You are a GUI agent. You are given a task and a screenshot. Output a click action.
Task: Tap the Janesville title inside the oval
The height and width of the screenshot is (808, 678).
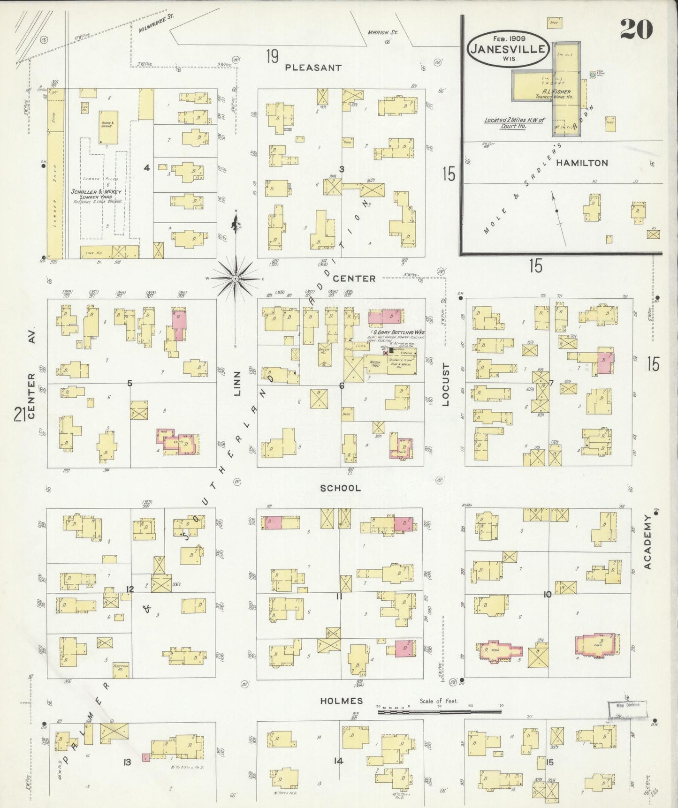point(508,49)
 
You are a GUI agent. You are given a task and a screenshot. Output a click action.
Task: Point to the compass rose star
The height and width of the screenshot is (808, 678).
point(235,279)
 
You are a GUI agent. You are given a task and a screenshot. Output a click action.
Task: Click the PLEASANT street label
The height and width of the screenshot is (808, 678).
point(313,68)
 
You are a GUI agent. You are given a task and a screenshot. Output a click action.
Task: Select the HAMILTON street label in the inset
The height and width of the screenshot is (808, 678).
point(582,163)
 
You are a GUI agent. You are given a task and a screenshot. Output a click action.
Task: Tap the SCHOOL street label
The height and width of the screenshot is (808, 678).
point(340,488)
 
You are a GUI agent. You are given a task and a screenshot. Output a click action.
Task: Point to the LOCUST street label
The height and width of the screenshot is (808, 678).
point(446,385)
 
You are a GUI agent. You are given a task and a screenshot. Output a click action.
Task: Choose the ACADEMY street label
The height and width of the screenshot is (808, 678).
point(648,542)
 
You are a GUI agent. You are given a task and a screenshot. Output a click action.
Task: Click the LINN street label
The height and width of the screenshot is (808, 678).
point(237,384)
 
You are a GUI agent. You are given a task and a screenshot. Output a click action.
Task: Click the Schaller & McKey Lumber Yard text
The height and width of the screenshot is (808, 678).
point(97,195)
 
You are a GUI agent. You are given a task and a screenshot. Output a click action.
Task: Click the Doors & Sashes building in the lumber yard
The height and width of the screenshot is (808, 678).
point(108,127)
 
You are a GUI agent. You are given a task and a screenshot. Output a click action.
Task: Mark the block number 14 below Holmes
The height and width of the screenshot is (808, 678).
point(338,761)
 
